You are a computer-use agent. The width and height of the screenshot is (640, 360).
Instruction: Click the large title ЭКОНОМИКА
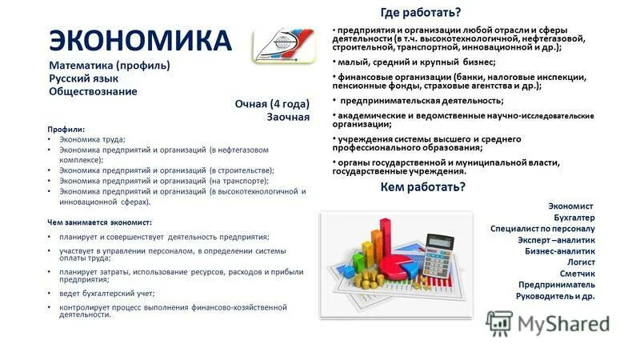click(140, 40)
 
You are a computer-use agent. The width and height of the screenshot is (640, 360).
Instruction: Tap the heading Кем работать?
click(423, 187)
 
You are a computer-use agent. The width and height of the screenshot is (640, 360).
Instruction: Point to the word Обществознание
click(93, 91)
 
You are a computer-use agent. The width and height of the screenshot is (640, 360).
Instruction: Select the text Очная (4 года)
click(272, 104)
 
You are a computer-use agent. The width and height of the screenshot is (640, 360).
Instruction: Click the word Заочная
click(288, 117)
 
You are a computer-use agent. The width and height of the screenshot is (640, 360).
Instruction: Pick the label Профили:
click(66, 129)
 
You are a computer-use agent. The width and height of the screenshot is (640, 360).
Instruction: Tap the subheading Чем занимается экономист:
click(100, 222)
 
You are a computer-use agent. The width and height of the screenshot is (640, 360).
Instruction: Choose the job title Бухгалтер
click(574, 217)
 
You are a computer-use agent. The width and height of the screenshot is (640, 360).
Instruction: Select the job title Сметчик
click(578, 273)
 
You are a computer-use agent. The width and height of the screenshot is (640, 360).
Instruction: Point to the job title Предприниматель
click(557, 284)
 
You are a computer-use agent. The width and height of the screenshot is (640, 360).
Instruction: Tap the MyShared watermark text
click(563, 322)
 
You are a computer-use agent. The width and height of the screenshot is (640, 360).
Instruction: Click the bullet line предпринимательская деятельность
click(422, 101)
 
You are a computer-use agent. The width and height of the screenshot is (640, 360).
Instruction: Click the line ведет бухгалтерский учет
click(105, 293)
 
